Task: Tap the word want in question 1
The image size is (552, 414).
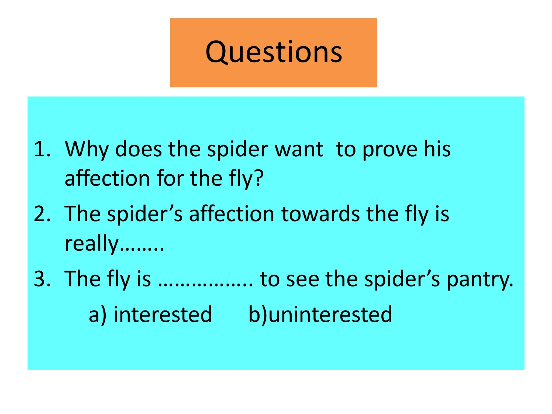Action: (x=299, y=149)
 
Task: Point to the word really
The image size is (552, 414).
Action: (x=92, y=243)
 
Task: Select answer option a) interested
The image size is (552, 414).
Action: (x=150, y=315)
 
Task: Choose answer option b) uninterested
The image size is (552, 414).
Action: (x=320, y=315)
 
